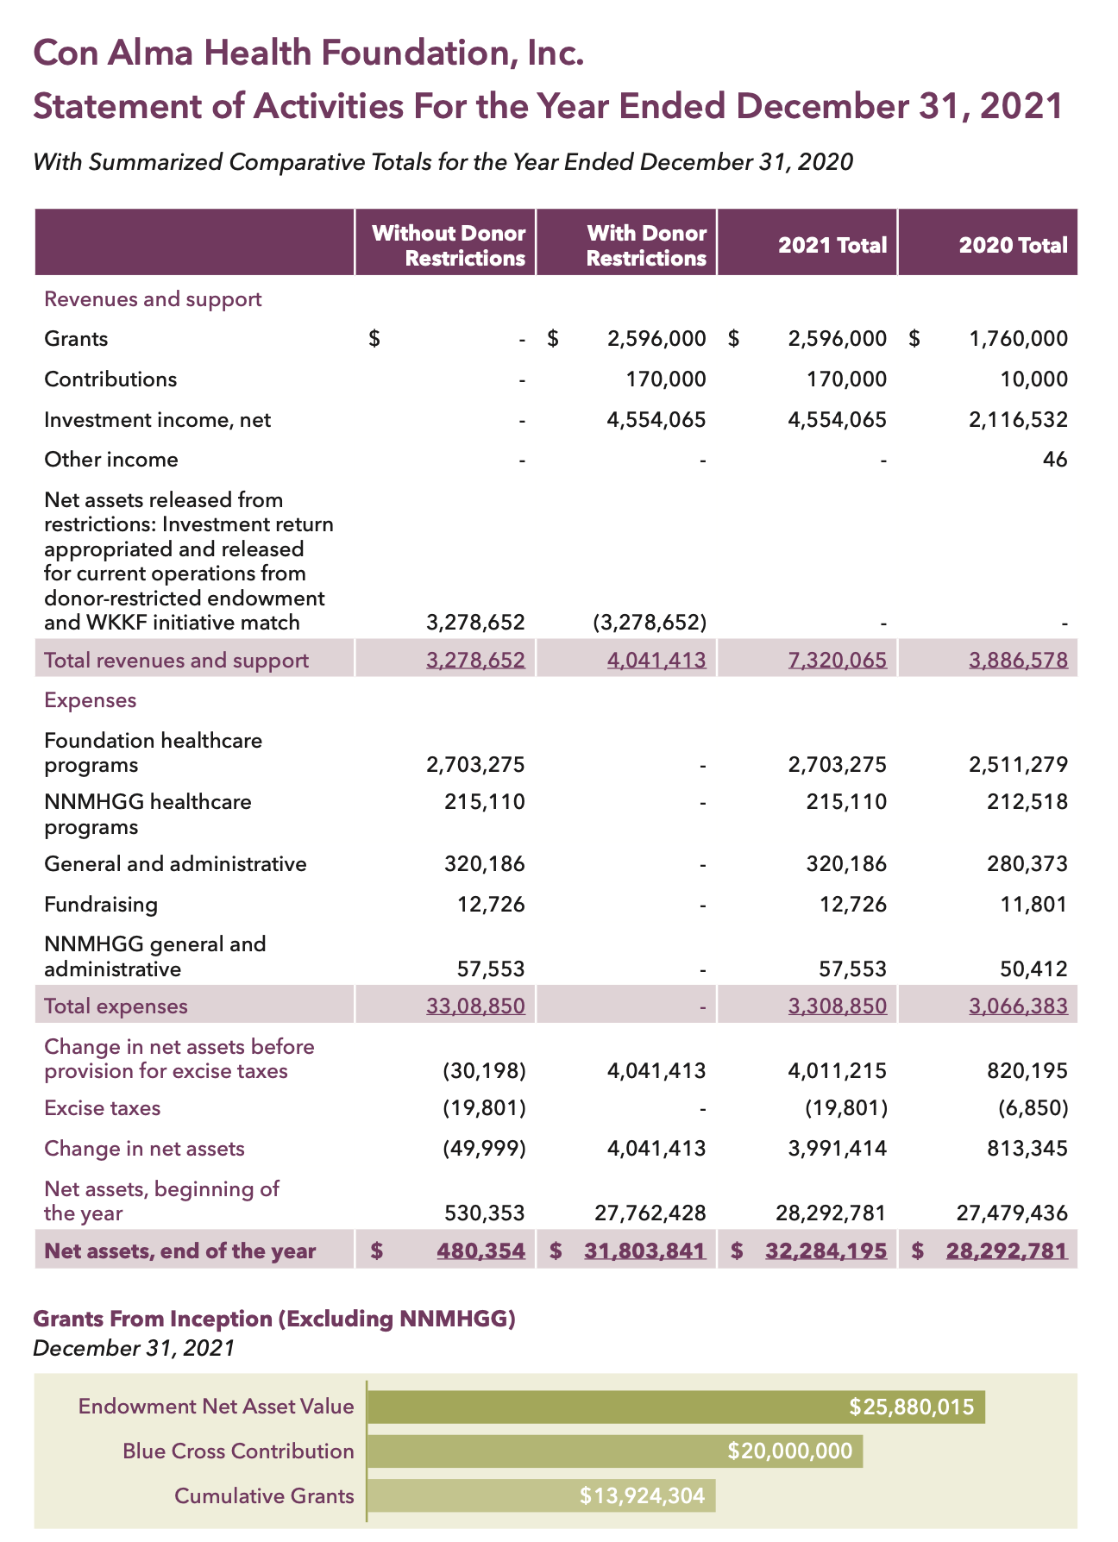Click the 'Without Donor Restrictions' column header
tap(448, 246)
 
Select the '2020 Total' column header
tap(1013, 246)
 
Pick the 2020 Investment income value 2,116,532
tap(1018, 420)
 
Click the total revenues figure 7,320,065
tap(837, 661)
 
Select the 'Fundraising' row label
tap(101, 905)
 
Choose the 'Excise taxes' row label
tap(102, 1108)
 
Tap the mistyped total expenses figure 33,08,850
tap(475, 1006)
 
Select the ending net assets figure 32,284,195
tap(826, 1251)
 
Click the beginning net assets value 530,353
tap(484, 1213)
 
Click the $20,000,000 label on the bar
tap(789, 1451)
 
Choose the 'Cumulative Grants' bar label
tap(264, 1495)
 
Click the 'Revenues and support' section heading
tap(153, 299)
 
